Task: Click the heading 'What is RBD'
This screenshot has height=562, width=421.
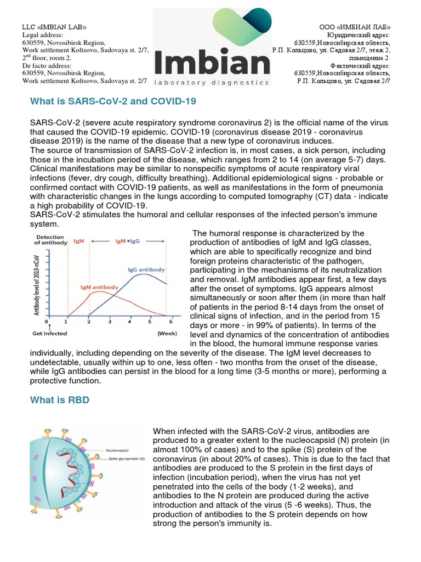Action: pos(59,400)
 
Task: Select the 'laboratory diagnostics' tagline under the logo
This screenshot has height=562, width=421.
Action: pos(212,83)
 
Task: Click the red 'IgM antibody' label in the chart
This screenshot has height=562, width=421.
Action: pos(99,286)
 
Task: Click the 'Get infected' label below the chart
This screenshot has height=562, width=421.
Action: pos(49,333)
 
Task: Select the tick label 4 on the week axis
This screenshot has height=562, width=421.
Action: pos(130,322)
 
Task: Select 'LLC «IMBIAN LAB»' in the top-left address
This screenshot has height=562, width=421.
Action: pos(54,27)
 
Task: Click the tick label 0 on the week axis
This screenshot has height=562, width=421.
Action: pos(47,322)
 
